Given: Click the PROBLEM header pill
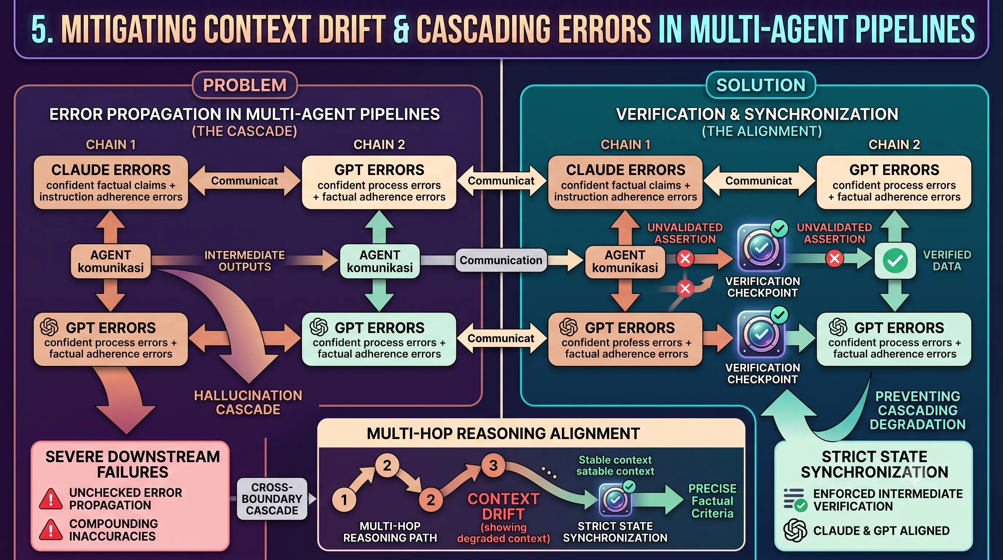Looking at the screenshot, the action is (x=245, y=85).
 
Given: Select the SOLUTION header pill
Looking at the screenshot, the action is (x=761, y=85).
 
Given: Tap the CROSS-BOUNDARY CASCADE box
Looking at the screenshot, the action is (x=272, y=499).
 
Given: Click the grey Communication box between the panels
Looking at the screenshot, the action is (x=501, y=260).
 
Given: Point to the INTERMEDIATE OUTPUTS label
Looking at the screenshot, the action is (x=245, y=261).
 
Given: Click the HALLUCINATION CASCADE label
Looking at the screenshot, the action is (x=248, y=402).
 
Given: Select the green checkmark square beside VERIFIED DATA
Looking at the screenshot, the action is (x=895, y=261).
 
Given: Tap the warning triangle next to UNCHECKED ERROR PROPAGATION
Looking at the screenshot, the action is (x=51, y=499).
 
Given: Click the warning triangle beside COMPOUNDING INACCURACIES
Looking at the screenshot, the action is (x=51, y=530).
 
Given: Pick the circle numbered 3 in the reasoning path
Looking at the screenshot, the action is (x=493, y=465).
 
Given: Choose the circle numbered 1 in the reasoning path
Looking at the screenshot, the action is (x=344, y=499).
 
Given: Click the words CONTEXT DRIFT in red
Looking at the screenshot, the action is (x=503, y=506).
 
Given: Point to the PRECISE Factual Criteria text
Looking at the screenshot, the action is (x=712, y=501).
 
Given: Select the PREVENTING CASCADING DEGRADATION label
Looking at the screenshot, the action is (x=918, y=411).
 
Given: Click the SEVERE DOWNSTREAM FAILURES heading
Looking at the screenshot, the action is (x=133, y=464).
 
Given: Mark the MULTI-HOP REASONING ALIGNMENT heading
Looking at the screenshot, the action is (x=503, y=433).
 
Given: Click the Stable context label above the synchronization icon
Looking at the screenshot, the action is (x=615, y=460).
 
